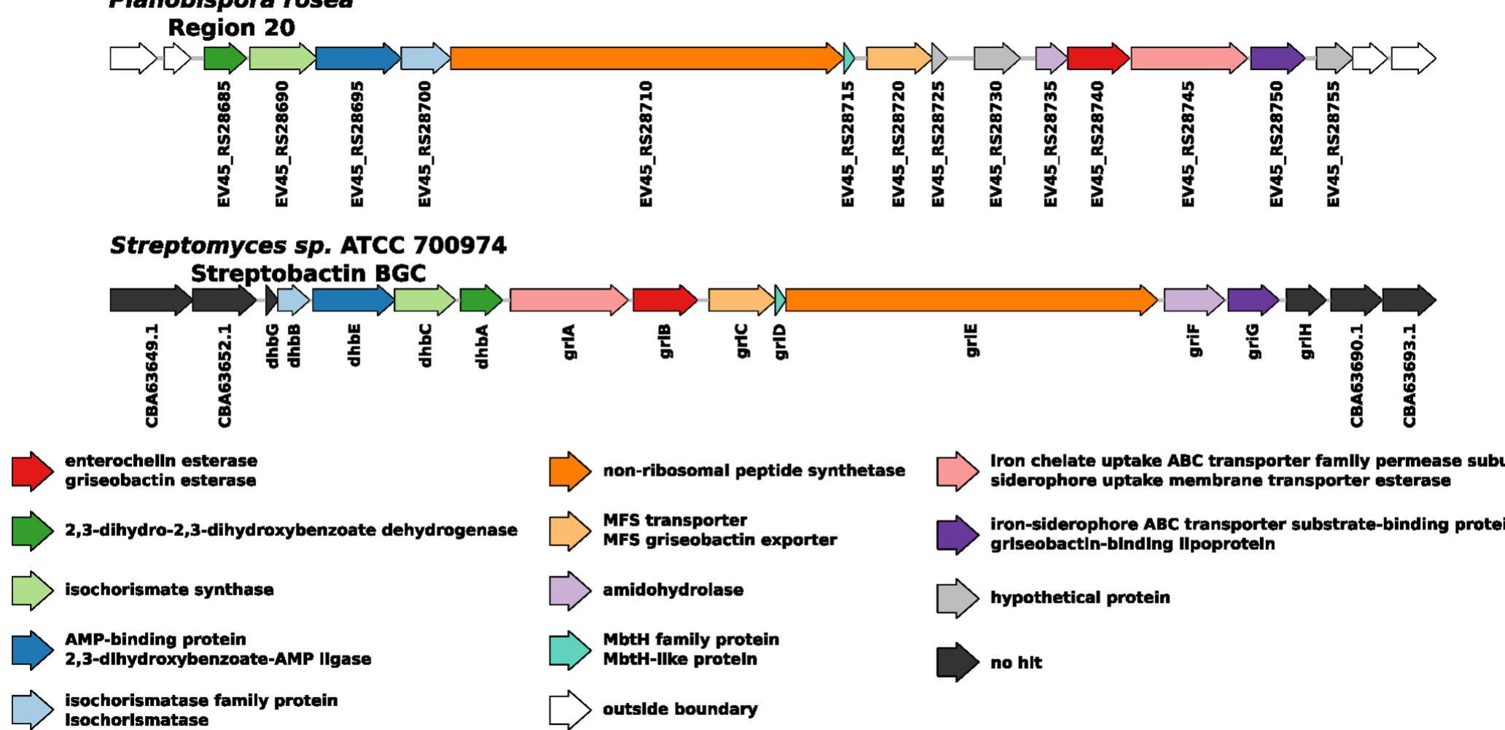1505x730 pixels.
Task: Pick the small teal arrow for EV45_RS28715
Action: (848, 58)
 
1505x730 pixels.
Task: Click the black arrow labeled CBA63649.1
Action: (150, 300)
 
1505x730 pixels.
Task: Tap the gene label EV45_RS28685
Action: (224, 144)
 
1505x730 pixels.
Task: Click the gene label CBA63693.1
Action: (1410, 376)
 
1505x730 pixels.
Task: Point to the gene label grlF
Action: (1194, 341)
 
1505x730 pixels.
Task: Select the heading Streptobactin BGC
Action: (308, 273)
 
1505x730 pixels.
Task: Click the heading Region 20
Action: (231, 28)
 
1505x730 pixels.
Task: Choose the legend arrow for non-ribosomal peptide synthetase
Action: (569, 471)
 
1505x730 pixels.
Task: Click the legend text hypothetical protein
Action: (1079, 598)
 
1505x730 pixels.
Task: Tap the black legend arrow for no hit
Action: (957, 662)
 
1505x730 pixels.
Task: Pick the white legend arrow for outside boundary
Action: (569, 710)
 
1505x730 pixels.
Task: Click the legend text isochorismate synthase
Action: (169, 590)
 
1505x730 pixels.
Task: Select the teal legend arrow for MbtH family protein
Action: (569, 650)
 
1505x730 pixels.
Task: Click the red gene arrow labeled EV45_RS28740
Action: (1097, 58)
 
